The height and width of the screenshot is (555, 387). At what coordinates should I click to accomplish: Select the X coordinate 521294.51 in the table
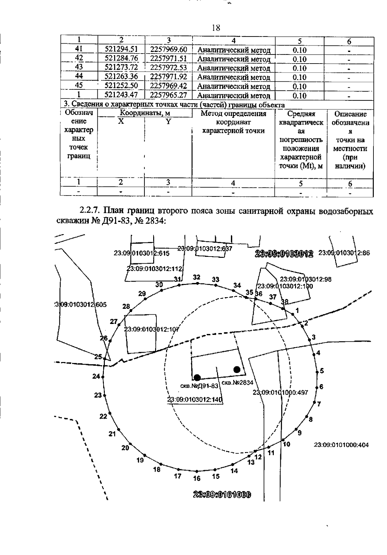(x=121, y=49)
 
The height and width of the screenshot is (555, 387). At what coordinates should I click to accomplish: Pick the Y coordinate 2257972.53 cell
(x=168, y=68)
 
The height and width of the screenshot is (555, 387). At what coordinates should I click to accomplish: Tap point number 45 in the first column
(x=79, y=86)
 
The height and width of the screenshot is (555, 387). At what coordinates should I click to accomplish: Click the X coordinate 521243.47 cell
(x=121, y=95)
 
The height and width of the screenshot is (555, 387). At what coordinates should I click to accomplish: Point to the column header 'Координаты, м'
(x=145, y=113)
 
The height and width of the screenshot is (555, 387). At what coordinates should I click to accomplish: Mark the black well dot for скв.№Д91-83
(x=197, y=377)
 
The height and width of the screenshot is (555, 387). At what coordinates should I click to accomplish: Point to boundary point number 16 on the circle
(x=197, y=478)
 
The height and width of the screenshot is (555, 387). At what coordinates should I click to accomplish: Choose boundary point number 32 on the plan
(x=197, y=277)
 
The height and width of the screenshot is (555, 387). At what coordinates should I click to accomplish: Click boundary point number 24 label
(x=96, y=376)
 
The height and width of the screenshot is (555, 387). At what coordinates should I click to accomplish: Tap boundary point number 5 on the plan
(x=322, y=371)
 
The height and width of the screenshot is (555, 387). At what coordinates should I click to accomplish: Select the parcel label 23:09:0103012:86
(x=344, y=253)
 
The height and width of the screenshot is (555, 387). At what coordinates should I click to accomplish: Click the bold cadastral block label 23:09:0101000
(x=222, y=495)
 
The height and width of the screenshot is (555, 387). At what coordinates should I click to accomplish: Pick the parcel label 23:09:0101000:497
(x=280, y=392)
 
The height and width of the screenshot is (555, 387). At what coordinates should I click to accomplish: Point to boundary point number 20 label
(x=125, y=448)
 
